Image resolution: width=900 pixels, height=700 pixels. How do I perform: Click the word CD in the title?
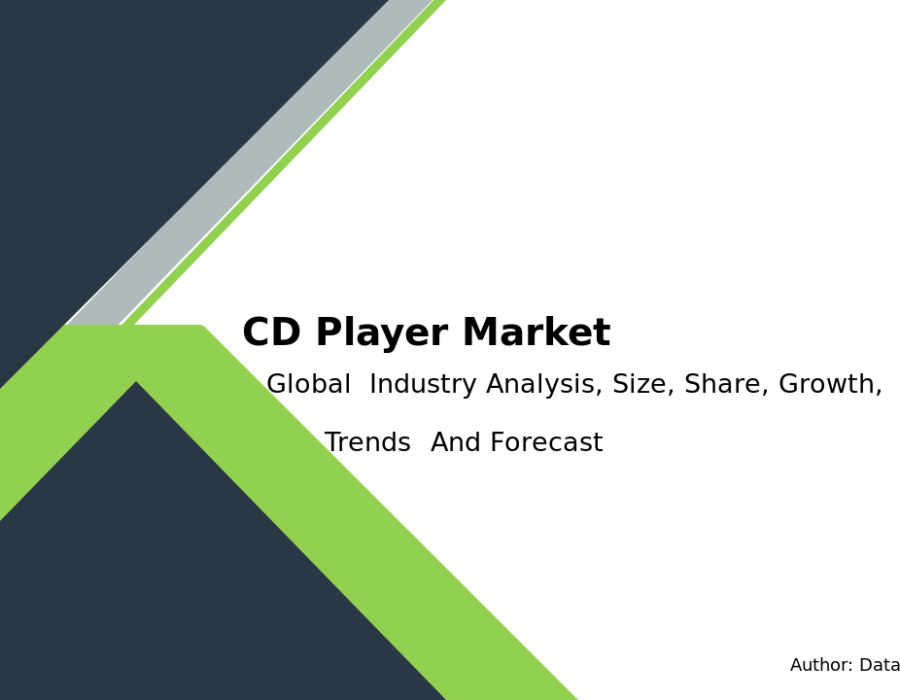click(271, 332)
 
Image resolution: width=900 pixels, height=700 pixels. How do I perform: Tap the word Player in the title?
click(382, 333)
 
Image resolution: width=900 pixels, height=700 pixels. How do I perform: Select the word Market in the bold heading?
click(536, 332)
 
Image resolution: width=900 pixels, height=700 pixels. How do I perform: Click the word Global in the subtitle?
click(309, 383)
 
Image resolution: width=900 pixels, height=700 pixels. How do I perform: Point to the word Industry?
click(423, 384)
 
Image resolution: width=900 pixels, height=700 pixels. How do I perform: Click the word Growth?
click(830, 384)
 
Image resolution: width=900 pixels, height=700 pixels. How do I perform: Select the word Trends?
click(368, 442)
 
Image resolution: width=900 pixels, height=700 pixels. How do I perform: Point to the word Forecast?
click(547, 442)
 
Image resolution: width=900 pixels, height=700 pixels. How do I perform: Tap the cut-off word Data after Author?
click(879, 665)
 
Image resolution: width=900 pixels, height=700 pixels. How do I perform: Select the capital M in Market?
click(482, 332)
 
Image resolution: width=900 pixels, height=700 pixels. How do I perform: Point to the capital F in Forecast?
click(498, 442)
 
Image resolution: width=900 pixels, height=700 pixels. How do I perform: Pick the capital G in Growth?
click(789, 384)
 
